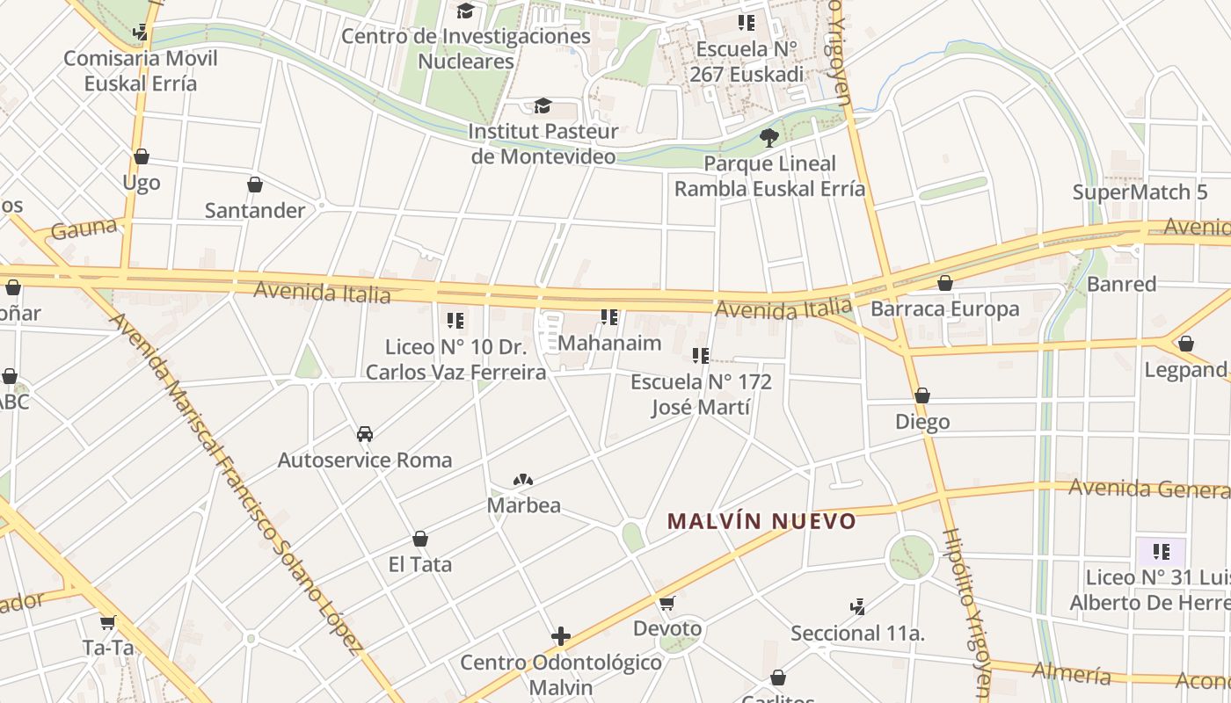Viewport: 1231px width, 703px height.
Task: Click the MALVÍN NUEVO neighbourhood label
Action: (761, 521)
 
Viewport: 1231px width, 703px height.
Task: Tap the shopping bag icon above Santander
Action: (255, 185)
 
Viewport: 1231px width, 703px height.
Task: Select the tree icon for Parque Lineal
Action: (769, 137)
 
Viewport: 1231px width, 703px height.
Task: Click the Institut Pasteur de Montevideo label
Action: (543, 143)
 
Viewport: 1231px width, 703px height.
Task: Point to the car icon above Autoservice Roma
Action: (365, 433)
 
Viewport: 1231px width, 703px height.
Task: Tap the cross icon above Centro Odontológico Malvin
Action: (561, 636)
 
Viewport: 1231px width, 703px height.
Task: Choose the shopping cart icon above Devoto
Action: (667, 603)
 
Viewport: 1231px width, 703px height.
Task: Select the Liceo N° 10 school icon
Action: (455, 320)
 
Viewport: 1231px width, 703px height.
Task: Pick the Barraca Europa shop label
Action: (944, 308)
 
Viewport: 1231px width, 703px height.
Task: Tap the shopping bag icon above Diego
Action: (922, 396)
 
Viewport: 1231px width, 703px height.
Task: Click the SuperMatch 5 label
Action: (1140, 192)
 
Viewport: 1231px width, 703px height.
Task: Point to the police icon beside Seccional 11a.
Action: (858, 606)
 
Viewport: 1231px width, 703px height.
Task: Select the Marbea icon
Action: (523, 480)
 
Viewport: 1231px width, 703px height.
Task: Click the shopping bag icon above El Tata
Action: (420, 539)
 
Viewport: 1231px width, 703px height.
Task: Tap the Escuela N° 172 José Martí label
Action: (701, 395)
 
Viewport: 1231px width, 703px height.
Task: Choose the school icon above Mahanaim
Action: (609, 316)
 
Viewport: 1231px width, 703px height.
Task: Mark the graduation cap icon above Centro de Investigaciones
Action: (465, 11)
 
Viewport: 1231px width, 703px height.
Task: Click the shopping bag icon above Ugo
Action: (142, 156)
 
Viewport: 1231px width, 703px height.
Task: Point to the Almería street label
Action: (1072, 673)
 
